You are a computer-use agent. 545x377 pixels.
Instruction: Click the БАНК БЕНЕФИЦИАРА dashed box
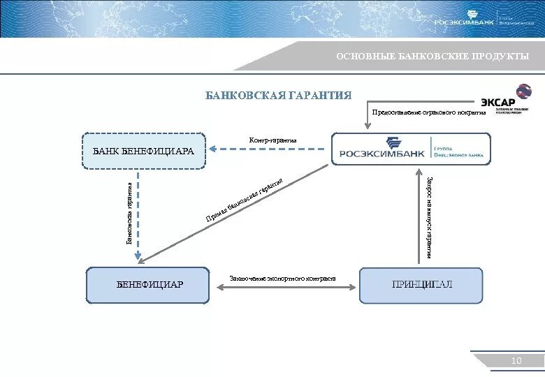pyautogui.click(x=145, y=151)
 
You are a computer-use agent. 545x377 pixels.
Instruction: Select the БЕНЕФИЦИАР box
pyautogui.click(x=147, y=285)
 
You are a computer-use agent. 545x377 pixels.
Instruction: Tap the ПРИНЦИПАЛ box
pyautogui.click(x=421, y=285)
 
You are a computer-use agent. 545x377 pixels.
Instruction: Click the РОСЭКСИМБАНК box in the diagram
pyautogui.click(x=411, y=149)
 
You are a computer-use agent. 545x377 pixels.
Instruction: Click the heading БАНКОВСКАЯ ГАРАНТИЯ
pyautogui.click(x=278, y=95)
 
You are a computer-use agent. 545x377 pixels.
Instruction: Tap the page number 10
pyautogui.click(x=516, y=360)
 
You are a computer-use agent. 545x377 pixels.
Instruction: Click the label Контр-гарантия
pyautogui.click(x=272, y=140)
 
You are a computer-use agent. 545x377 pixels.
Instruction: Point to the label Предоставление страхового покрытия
pyautogui.click(x=428, y=112)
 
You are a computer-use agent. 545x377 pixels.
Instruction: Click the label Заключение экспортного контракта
pyautogui.click(x=282, y=279)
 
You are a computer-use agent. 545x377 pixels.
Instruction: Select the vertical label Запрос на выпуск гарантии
pyautogui.click(x=428, y=216)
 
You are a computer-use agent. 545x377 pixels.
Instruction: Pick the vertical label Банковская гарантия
pyautogui.click(x=129, y=214)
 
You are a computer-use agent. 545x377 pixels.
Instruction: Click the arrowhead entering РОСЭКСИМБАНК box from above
pyautogui.click(x=367, y=126)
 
